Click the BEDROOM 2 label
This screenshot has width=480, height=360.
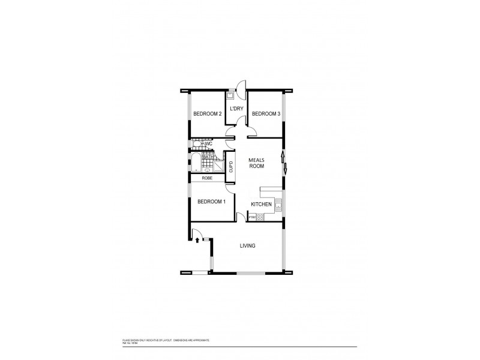(x=207, y=114)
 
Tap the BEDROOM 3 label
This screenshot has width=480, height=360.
(x=266, y=114)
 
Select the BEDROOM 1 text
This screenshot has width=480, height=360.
(x=211, y=201)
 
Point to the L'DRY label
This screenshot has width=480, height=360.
(x=237, y=109)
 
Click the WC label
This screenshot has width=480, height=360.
(x=209, y=144)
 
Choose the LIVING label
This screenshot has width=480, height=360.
(x=248, y=246)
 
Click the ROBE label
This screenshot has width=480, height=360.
(x=207, y=178)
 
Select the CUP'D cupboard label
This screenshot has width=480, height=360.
(x=231, y=167)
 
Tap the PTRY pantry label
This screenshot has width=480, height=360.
(x=253, y=217)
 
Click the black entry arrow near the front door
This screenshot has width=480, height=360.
(x=197, y=241)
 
